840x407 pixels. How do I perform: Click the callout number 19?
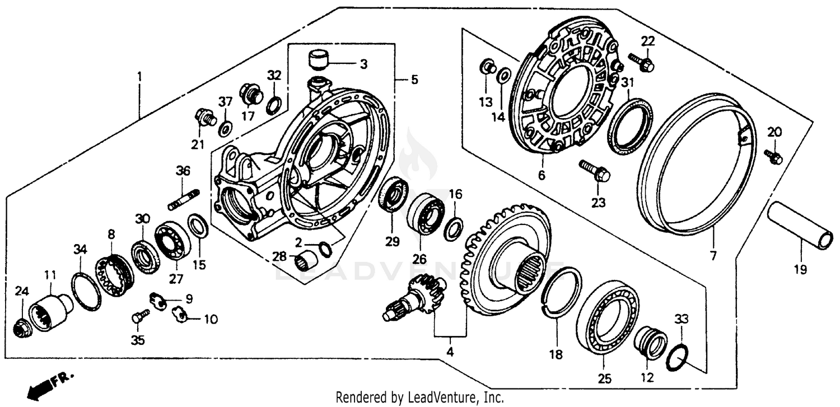coord(800,270)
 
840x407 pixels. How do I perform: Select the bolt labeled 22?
coord(642,63)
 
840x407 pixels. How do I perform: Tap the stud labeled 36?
coord(183,200)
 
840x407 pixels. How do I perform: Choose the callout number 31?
coord(628,82)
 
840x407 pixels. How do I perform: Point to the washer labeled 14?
coord(503,75)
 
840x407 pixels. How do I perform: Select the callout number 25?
coord(604,379)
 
